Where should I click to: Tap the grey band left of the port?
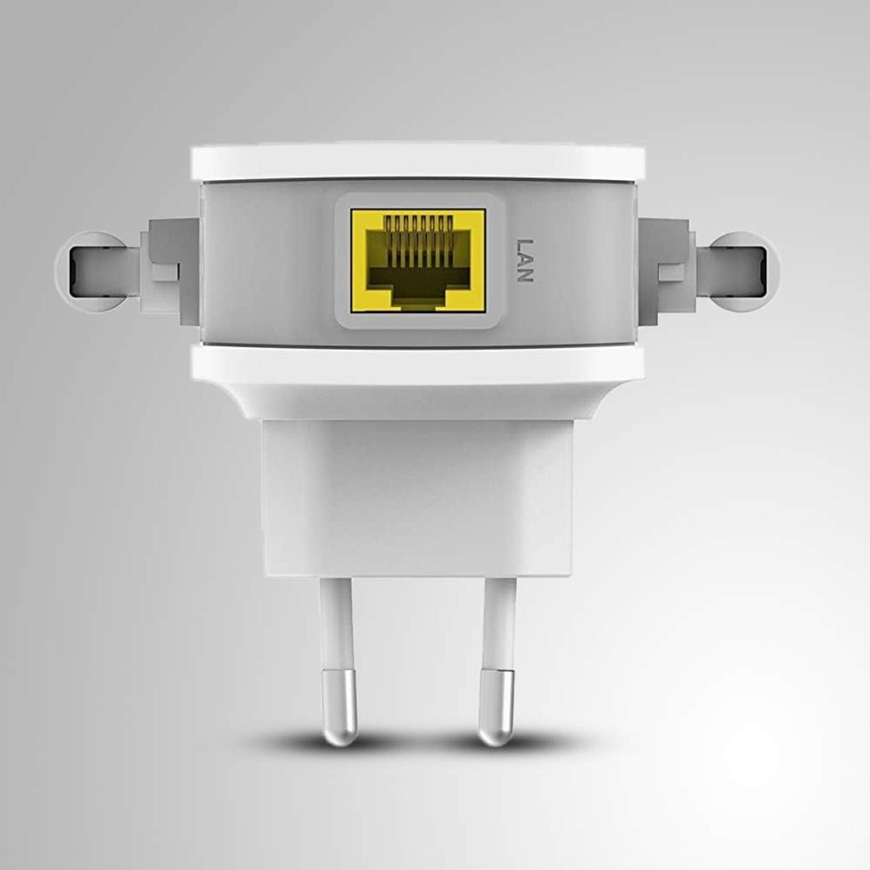click(266, 261)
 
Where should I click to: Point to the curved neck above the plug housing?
click(418, 400)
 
